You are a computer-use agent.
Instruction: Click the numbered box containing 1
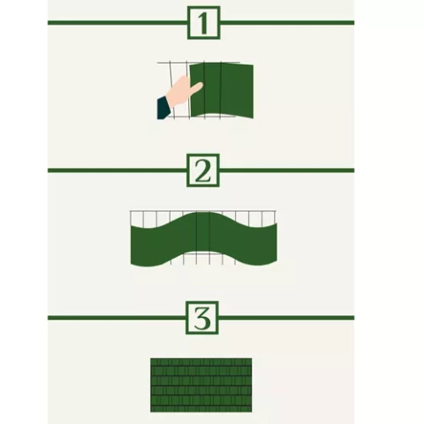pyautogui.click(x=203, y=24)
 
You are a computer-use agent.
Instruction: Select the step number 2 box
pyautogui.click(x=203, y=171)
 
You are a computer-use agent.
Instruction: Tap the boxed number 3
pyautogui.click(x=203, y=318)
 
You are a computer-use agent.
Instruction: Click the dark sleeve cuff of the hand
pyautogui.click(x=163, y=108)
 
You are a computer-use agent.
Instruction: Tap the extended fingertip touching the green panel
pyautogui.click(x=199, y=86)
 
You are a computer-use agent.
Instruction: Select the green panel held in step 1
pyautogui.click(x=222, y=92)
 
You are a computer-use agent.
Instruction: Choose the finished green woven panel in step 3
pyautogui.click(x=201, y=384)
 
